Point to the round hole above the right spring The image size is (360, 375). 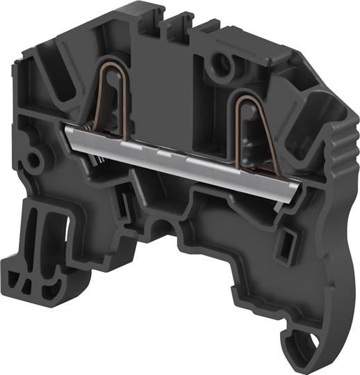click(x=223, y=67)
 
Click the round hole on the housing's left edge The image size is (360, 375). click(x=31, y=161)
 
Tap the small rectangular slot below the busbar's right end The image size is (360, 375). click(x=285, y=243)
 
